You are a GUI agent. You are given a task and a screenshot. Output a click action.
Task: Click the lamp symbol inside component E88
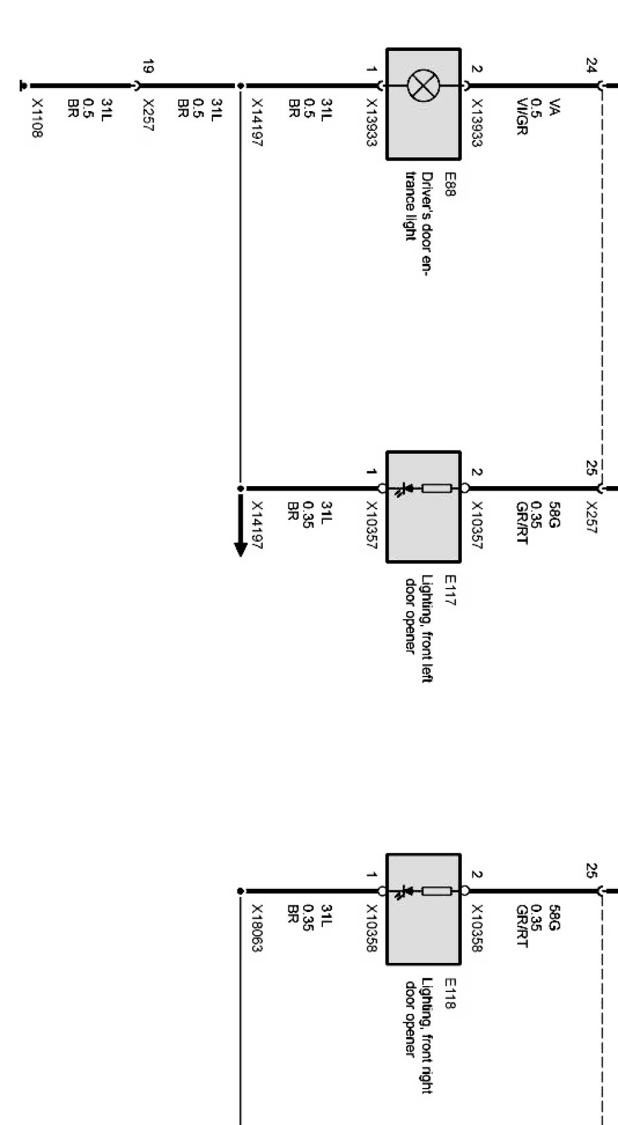tap(423, 85)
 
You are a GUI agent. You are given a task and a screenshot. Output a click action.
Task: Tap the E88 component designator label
tap(450, 185)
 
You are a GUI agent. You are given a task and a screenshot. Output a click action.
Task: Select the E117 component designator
tap(450, 590)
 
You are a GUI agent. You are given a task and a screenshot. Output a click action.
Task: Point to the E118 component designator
tap(450, 993)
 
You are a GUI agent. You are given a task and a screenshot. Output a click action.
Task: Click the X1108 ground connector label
tap(36, 118)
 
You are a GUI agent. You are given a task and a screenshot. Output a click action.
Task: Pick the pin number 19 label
tap(148, 66)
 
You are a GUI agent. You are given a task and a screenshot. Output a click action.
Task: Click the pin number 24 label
tap(592, 65)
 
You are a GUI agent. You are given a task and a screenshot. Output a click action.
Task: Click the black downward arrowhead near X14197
tap(241, 550)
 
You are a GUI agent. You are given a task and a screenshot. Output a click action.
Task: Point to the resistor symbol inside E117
tap(437, 487)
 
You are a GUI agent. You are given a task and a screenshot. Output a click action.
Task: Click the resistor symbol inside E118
tap(437, 891)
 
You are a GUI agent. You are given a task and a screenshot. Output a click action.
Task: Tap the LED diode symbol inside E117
tap(405, 489)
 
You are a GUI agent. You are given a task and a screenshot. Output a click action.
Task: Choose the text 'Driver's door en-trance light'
tap(419, 224)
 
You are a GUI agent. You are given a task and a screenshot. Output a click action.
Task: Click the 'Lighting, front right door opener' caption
tap(419, 1035)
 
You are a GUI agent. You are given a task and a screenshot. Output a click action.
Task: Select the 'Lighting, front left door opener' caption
tap(419, 628)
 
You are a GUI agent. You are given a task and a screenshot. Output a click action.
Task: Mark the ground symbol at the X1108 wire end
tap(22, 86)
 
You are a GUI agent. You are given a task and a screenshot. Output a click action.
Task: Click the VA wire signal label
tap(554, 107)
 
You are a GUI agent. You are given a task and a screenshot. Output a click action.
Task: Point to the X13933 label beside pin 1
tap(371, 122)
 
